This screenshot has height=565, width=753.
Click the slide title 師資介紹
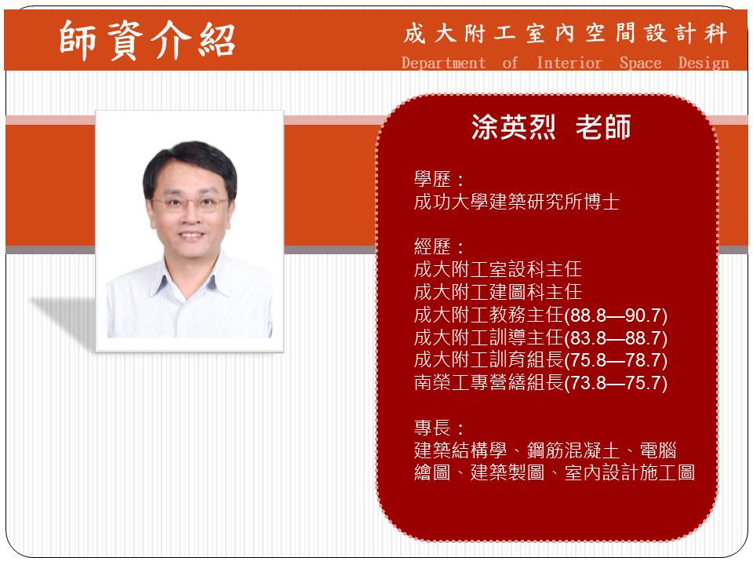[147, 40]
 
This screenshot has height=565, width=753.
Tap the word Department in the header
[443, 63]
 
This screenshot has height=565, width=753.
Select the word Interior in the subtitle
[569, 63]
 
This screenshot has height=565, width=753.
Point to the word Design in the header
[704, 63]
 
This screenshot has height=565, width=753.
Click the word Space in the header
[640, 64]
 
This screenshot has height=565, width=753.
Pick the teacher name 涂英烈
[513, 127]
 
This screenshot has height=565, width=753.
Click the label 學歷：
[439, 180]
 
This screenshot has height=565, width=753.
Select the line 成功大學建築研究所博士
[517, 202]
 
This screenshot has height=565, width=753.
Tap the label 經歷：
[439, 247]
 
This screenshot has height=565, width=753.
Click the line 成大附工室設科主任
[498, 269]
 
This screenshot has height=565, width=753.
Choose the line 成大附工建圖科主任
[498, 292]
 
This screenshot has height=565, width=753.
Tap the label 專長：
[439, 428]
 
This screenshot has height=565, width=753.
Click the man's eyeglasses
[190, 204]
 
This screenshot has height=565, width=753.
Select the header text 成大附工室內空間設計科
[566, 34]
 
